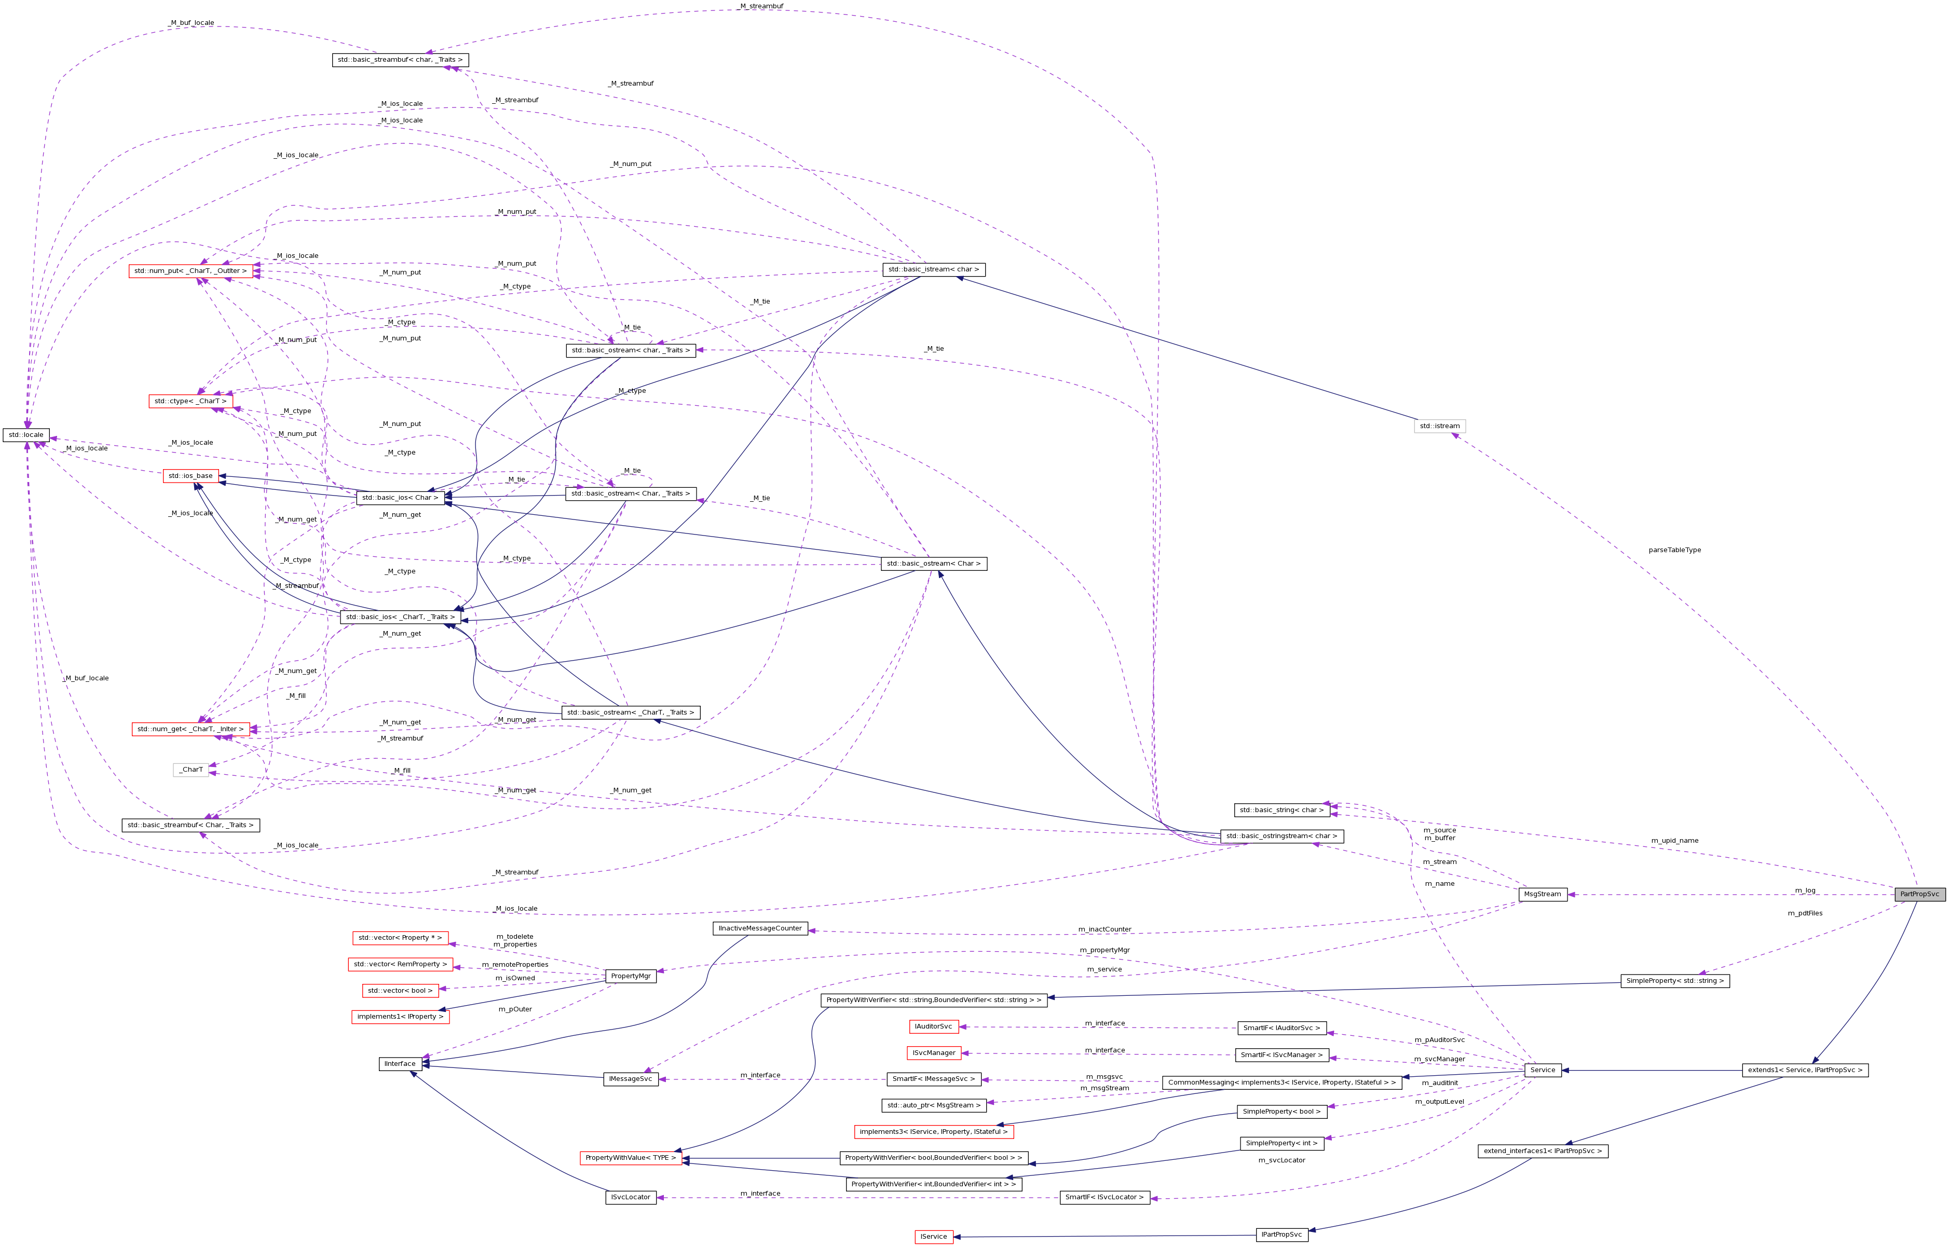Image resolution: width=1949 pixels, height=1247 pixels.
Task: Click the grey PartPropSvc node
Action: (1919, 894)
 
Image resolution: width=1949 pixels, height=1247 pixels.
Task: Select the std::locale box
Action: (26, 435)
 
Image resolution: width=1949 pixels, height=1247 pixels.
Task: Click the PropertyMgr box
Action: (630, 976)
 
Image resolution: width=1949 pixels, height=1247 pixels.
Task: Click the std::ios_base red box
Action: (190, 476)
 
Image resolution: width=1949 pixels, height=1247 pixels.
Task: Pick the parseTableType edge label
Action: (1674, 550)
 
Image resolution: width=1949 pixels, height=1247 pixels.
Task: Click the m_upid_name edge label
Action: (1674, 841)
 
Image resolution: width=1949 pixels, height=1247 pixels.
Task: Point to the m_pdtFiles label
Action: (1805, 913)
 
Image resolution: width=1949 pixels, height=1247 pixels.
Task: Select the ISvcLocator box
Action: (630, 1197)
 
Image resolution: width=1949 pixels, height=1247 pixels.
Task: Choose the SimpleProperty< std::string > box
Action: (1674, 981)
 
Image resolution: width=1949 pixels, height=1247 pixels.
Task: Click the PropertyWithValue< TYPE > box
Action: (630, 1158)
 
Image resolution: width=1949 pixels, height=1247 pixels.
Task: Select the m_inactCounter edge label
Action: (1105, 929)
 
